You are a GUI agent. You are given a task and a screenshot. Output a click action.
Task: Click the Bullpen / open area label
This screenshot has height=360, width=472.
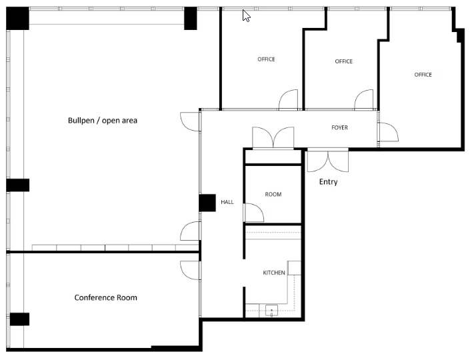(x=103, y=121)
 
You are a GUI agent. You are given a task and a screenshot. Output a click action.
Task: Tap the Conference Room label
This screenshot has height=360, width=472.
(x=105, y=298)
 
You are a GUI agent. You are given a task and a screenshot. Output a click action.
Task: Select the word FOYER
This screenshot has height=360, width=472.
(x=339, y=127)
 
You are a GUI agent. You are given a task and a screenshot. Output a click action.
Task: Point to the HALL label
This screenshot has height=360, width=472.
(x=227, y=202)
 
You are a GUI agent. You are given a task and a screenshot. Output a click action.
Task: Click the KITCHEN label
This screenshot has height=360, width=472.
(x=274, y=273)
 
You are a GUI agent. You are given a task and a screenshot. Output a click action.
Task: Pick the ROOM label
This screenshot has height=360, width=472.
(x=273, y=195)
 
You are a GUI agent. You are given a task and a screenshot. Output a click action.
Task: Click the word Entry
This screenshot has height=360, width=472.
(x=328, y=182)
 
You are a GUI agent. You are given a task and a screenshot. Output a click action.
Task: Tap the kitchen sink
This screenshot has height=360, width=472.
(x=271, y=311)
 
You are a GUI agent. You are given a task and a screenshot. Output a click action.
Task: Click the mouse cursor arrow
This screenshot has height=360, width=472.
(x=246, y=15)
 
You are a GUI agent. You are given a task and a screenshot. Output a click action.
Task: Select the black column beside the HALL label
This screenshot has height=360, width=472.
(x=207, y=203)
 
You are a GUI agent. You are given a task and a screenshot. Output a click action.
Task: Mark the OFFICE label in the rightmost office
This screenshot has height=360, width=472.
(x=423, y=75)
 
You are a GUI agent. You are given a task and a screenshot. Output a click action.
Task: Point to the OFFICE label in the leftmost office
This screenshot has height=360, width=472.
(x=266, y=59)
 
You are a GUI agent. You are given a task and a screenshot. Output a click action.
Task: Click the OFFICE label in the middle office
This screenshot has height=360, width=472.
(x=344, y=61)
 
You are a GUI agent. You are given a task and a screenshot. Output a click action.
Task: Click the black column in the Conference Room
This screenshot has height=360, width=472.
(x=19, y=319)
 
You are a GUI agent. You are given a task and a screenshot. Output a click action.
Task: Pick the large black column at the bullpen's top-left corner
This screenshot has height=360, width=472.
(x=17, y=19)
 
